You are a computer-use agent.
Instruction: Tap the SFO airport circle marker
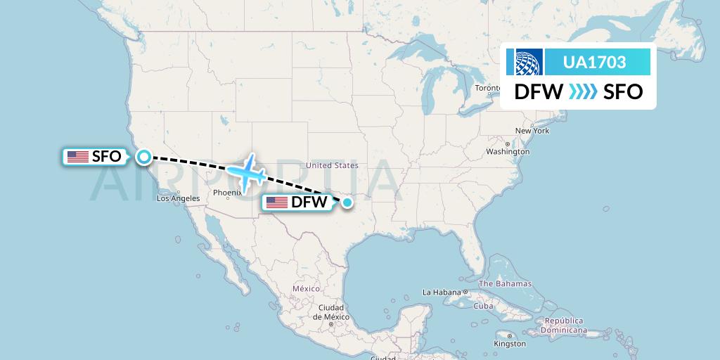pos(143,157)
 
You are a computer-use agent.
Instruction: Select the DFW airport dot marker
pos(347,202)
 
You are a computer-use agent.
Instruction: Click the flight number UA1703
pos(594,62)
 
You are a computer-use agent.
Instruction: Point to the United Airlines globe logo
pos(529,62)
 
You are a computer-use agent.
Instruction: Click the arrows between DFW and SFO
pos(583,92)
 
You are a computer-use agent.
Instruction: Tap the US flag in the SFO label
pos(77,157)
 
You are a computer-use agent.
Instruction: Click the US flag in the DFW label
pos(276,202)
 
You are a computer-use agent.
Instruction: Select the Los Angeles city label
pos(178,198)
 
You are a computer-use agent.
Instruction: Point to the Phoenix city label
pos(226,192)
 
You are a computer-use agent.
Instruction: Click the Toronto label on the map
pos(488,88)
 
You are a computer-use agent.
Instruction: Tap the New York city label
pos(532,131)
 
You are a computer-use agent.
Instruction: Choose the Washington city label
pos(507,151)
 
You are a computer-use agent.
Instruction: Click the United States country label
pos(332,165)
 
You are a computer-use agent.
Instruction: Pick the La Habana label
pos(442,292)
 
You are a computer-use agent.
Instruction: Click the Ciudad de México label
pos(330,312)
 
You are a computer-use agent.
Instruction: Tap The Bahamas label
pos(505,283)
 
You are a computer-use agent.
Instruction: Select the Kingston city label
pos(509,344)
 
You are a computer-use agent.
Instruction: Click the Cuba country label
pos(483,307)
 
